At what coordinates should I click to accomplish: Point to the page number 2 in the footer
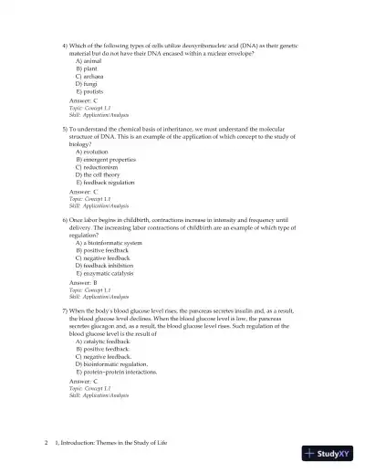[46, 443]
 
